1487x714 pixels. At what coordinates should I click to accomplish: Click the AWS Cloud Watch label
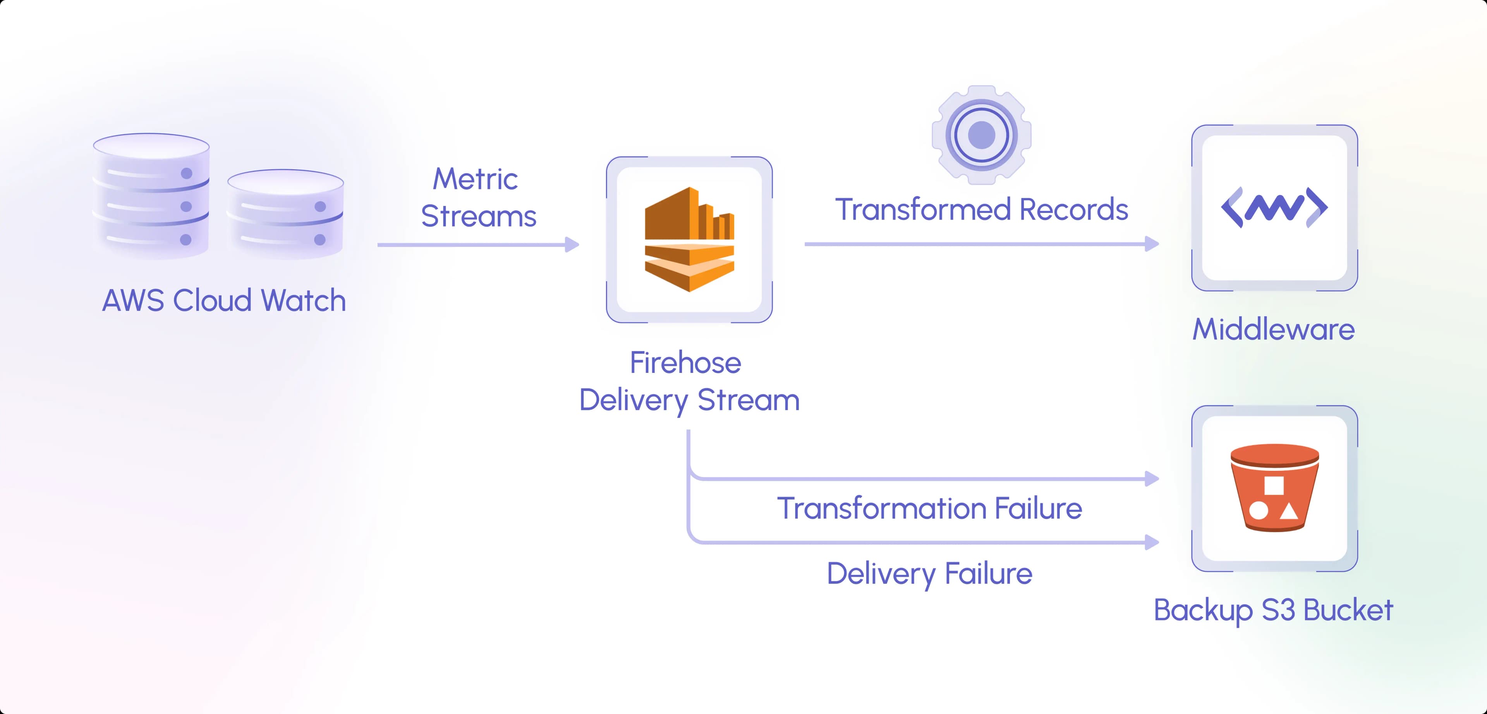tap(224, 301)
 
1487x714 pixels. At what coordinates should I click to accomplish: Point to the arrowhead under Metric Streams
tap(572, 245)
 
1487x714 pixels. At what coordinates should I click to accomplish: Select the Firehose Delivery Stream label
tap(689, 381)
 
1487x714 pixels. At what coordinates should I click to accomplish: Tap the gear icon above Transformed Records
tap(981, 135)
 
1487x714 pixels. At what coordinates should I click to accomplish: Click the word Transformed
tap(923, 209)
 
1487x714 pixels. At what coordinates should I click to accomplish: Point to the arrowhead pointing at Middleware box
tap(1152, 244)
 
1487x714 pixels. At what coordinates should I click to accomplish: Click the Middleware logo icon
tap(1274, 208)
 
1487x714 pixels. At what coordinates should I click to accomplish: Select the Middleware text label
tap(1273, 330)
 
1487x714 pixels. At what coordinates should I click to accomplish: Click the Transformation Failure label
tap(929, 508)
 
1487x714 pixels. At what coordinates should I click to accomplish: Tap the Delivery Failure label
tap(929, 574)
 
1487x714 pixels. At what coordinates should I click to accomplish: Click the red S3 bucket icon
tap(1274, 488)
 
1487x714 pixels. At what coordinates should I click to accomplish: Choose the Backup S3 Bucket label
tap(1273, 611)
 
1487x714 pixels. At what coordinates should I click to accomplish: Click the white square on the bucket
tap(1274, 486)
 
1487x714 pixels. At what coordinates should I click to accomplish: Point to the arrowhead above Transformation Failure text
tap(1152, 479)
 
